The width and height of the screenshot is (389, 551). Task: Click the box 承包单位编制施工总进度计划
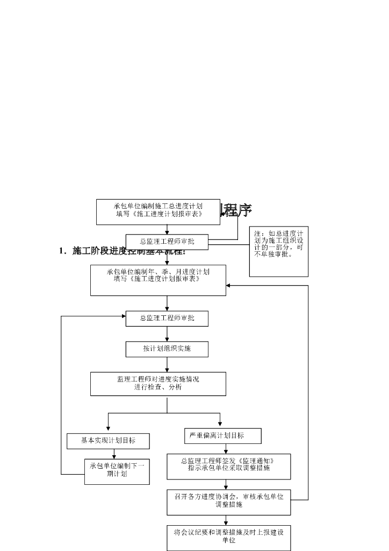point(158,211)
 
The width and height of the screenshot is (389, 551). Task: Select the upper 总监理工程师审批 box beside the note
point(167,242)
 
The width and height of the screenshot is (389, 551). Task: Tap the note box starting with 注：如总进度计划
point(278,251)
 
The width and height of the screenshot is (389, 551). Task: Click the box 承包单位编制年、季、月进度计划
point(158,280)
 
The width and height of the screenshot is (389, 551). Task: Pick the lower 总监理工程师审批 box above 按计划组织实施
point(167,318)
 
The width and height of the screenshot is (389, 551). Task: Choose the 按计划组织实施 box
point(167,349)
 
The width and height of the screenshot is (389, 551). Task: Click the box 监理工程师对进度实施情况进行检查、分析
point(158,384)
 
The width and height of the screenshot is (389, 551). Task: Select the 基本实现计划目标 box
point(108,441)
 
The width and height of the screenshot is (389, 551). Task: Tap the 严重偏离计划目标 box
point(222,435)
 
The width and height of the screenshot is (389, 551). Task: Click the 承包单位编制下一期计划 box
point(117,471)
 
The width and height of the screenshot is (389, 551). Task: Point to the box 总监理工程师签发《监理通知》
point(228,466)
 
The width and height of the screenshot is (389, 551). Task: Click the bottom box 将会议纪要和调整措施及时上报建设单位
point(228,537)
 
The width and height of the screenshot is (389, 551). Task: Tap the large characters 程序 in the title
point(237,210)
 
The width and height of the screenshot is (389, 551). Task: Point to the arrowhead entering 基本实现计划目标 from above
point(109,429)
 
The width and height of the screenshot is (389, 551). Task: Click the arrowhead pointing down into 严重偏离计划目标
point(220,425)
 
